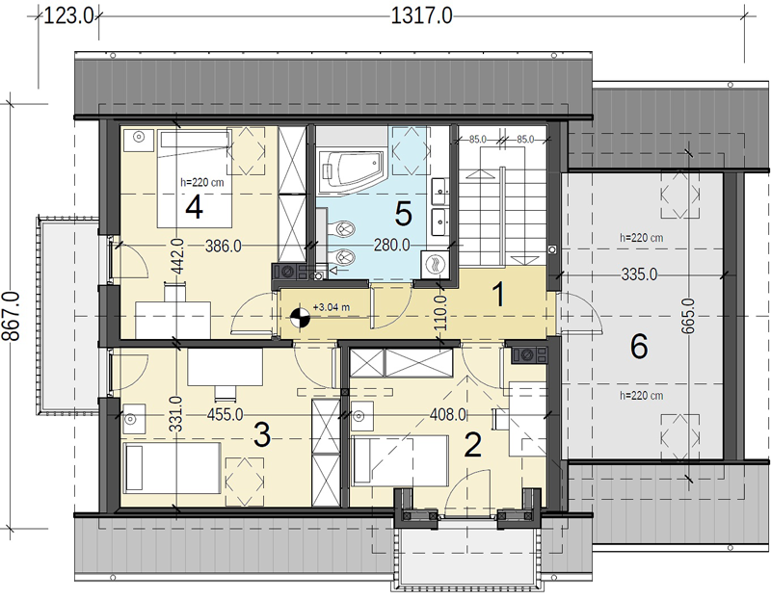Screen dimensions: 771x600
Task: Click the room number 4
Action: [195, 207]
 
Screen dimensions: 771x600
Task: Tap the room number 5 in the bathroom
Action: [403, 214]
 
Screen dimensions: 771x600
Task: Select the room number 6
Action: [639, 347]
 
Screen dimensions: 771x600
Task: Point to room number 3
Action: [262, 435]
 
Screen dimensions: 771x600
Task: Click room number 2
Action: [472, 445]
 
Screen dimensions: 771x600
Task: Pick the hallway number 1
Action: [498, 295]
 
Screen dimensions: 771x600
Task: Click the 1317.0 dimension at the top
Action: [421, 15]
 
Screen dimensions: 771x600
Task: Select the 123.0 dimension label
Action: [68, 15]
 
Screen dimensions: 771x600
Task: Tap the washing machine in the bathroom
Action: [436, 266]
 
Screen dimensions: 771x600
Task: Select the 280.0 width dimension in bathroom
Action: [391, 245]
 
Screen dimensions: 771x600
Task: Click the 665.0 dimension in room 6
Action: [688, 316]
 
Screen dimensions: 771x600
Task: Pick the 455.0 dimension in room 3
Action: [225, 414]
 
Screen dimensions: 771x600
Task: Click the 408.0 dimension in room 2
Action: [448, 414]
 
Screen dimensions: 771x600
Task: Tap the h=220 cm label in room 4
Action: [202, 182]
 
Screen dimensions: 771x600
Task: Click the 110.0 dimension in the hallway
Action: [440, 313]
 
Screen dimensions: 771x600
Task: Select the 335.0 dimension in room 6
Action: [639, 274]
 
